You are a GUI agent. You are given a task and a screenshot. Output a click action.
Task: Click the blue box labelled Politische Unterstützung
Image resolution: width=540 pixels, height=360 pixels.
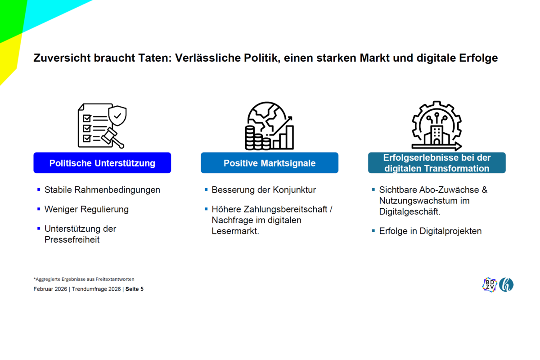[102, 163]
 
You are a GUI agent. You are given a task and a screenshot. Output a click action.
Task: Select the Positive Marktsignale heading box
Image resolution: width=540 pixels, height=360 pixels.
[270, 163]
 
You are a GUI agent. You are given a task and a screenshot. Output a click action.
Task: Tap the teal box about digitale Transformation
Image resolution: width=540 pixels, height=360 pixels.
[437, 163]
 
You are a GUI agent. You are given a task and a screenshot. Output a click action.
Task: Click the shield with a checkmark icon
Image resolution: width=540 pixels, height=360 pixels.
[117, 116]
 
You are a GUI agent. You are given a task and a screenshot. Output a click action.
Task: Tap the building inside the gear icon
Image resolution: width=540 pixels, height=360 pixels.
[437, 135]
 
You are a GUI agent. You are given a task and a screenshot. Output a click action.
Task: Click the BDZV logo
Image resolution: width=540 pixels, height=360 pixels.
[490, 285]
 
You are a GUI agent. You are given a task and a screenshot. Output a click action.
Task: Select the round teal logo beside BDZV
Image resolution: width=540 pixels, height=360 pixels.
[506, 285]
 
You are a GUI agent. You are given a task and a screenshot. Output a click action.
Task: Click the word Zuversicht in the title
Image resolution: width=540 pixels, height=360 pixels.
[62, 58]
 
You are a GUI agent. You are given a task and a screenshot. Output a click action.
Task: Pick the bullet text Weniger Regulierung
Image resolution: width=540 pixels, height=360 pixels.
[86, 209]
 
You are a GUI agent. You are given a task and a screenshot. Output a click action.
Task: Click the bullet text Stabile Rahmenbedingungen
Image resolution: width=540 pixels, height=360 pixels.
[102, 190]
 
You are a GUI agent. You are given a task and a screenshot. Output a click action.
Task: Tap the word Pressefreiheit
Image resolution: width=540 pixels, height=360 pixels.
[72, 240]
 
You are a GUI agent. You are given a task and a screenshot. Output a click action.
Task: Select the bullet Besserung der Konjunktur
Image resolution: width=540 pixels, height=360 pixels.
[264, 190]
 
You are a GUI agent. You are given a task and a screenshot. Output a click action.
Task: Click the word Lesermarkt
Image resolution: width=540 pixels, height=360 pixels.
[235, 231]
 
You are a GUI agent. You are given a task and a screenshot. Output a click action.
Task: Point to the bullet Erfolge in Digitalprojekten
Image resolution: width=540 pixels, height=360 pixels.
[430, 231]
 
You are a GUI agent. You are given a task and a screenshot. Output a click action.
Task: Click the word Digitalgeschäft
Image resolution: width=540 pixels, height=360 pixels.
[409, 211]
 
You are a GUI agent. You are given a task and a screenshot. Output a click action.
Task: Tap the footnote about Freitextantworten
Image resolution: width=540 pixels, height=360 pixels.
[84, 279]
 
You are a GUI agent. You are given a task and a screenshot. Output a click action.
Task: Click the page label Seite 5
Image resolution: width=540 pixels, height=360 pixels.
[135, 289]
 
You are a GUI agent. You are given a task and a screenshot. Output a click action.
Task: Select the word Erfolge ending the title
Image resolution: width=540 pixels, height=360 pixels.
[478, 58]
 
